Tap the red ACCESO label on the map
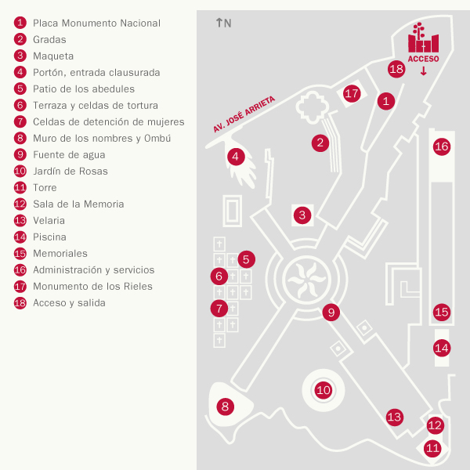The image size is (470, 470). [x=423, y=59]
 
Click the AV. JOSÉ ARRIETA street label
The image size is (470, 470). [x=244, y=114]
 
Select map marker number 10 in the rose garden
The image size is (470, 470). [x=323, y=389]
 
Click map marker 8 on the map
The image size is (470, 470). [x=226, y=406]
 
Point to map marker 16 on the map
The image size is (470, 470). [x=442, y=146]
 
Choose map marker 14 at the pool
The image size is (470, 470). [x=442, y=347]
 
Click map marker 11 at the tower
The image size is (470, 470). [x=432, y=448]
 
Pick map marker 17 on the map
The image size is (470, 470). [x=352, y=93]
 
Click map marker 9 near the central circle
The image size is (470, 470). [x=331, y=312]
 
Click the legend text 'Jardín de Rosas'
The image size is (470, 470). [x=70, y=171]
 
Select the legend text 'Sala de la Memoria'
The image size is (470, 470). [x=78, y=204]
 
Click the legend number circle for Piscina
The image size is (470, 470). [x=20, y=237]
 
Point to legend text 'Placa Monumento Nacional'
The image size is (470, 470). [x=96, y=23]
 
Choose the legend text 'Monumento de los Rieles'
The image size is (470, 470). [x=92, y=286]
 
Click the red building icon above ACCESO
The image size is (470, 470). [x=423, y=39]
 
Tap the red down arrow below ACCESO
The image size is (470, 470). [x=424, y=71]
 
